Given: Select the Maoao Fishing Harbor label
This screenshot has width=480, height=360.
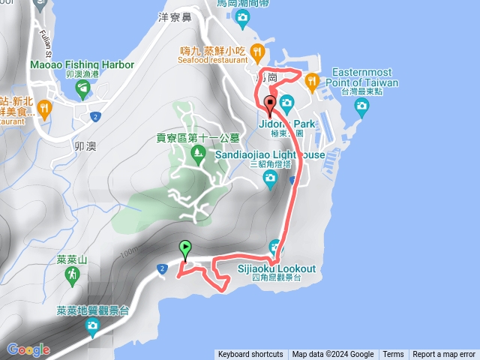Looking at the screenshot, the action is click(82, 65).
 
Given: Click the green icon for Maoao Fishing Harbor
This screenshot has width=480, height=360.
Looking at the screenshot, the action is click(82, 90).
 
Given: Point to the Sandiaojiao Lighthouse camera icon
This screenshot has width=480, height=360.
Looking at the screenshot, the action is click(271, 177).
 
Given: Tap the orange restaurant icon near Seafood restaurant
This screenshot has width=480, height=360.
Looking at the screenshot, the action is click(257, 51).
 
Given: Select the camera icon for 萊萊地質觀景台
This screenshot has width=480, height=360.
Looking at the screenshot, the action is click(92, 325).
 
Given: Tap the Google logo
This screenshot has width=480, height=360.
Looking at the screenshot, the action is click(28, 349).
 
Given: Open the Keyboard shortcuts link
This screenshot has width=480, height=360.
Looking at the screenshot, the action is click(250, 355).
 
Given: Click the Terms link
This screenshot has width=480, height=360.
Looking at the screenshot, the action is click(393, 355).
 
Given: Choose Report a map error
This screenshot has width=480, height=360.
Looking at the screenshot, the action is click(443, 355).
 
